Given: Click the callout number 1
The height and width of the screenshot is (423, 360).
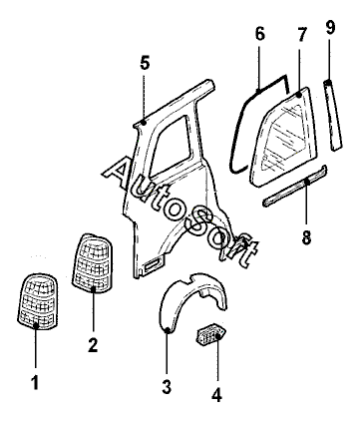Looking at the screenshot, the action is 35,382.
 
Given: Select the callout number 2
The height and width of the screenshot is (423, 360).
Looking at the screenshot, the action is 93,345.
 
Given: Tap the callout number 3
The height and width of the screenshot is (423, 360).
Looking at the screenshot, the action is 167,386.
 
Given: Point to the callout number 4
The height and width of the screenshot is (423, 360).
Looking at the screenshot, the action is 216,395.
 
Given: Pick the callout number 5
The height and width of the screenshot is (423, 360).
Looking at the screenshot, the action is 145,63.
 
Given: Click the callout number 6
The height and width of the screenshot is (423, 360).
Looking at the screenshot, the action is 260,33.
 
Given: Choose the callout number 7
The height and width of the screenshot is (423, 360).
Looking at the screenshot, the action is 301,35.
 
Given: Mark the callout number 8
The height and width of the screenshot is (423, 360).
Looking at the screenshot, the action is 306,237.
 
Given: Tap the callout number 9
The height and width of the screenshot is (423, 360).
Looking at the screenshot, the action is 330,27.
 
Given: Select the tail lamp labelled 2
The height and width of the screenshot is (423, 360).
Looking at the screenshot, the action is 93,263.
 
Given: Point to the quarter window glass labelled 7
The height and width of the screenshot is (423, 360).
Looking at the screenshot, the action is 282,137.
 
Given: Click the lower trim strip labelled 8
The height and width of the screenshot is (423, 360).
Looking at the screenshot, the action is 295,186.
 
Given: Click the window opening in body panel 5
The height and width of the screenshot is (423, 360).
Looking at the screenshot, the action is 173,147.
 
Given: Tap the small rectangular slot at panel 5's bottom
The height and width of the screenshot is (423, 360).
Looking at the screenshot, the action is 152,265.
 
